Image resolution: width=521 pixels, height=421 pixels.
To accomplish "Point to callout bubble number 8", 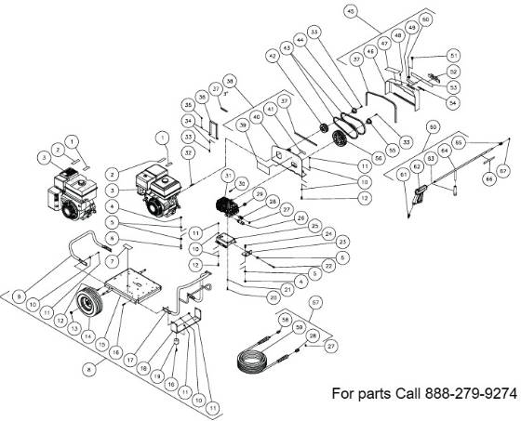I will tap(87, 368).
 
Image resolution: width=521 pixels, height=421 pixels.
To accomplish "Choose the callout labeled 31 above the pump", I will tap(228, 175).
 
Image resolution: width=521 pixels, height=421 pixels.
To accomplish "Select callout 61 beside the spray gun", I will tap(402, 174).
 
